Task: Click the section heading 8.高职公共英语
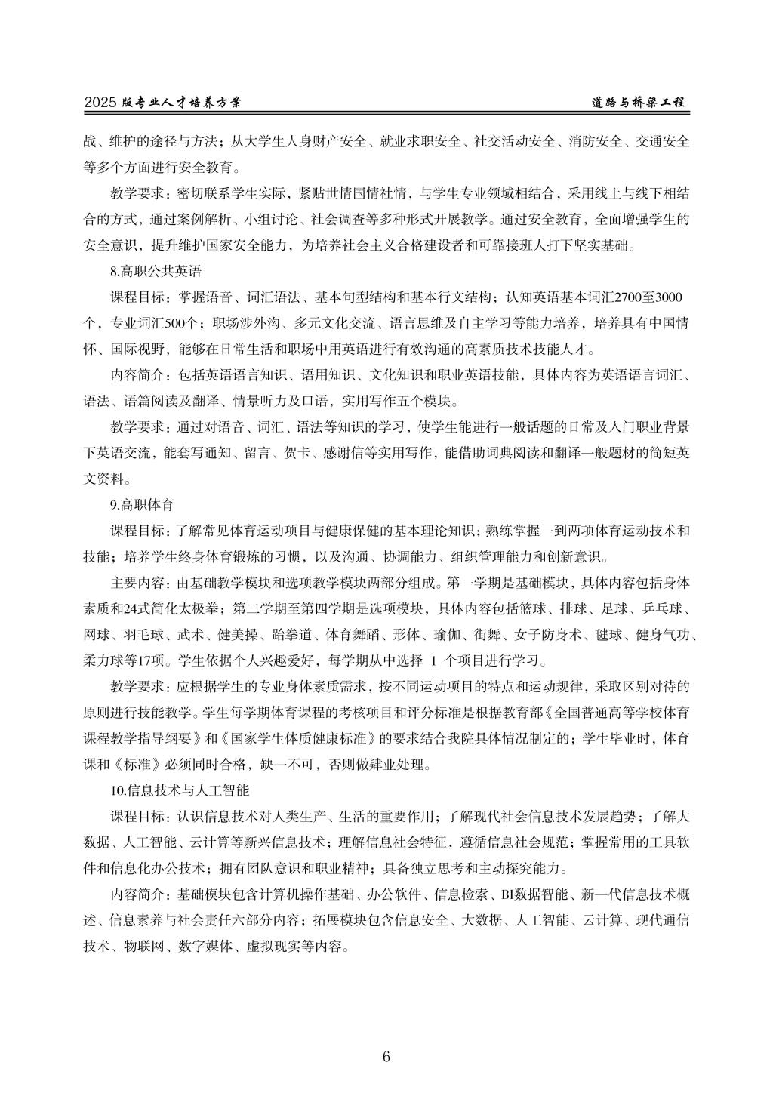(x=156, y=270)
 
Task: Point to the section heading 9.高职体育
(x=143, y=505)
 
